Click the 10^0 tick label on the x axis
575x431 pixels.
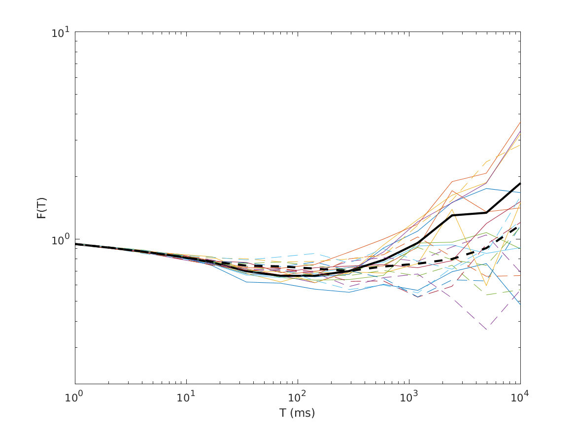point(74,397)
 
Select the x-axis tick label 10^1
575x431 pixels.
point(186,397)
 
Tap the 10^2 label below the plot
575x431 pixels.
point(297,397)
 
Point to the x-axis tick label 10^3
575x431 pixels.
point(408,397)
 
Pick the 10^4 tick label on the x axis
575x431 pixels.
point(520,397)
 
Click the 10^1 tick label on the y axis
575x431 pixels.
point(61,33)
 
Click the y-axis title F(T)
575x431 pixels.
point(42,207)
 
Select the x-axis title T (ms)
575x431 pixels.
point(297,413)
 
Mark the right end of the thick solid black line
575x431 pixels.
point(520,183)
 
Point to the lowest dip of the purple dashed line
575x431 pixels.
point(486,329)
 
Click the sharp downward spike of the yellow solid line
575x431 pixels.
point(486,285)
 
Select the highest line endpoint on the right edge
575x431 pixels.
point(520,122)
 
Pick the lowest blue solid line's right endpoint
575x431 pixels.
point(520,305)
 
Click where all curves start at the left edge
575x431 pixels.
point(75,244)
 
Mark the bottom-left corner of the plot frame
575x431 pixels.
point(75,384)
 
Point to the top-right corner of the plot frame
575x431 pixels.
point(520,32)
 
